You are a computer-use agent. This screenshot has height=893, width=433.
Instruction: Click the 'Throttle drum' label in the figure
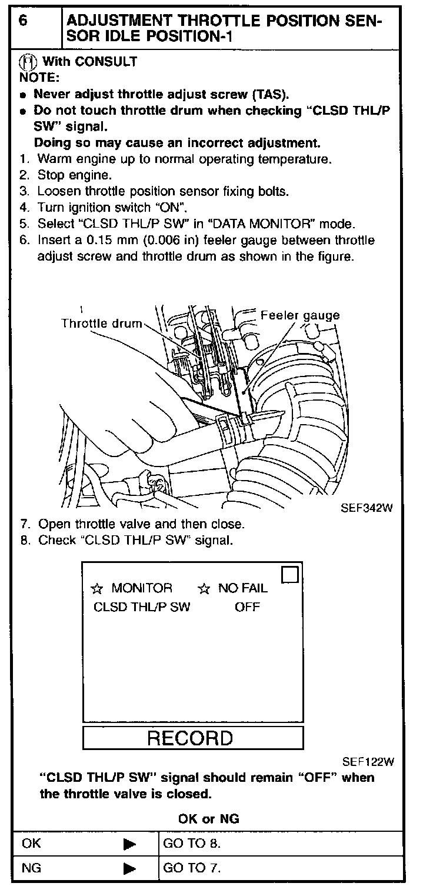pyautogui.click(x=101, y=323)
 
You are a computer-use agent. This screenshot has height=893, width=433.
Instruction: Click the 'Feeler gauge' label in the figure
pyautogui.click(x=300, y=315)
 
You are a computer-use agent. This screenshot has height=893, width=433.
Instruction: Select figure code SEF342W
pyautogui.click(x=366, y=508)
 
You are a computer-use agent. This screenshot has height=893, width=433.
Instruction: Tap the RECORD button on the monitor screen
pyautogui.click(x=191, y=738)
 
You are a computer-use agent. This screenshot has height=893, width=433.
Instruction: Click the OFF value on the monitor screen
pyautogui.click(x=247, y=607)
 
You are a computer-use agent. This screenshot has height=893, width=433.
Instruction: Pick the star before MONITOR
pyautogui.click(x=98, y=588)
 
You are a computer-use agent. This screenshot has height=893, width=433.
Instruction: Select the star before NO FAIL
pyautogui.click(x=204, y=588)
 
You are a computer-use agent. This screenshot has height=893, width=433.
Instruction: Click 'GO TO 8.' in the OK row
pyautogui.click(x=192, y=844)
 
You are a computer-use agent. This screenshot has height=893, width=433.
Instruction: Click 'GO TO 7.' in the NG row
pyautogui.click(x=192, y=868)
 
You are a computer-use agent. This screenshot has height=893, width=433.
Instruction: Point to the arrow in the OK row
pyautogui.click(x=130, y=844)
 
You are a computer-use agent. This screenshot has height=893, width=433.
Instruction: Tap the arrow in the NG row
pyautogui.click(x=130, y=868)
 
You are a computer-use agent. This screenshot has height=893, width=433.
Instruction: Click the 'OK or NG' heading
pyautogui.click(x=208, y=818)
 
